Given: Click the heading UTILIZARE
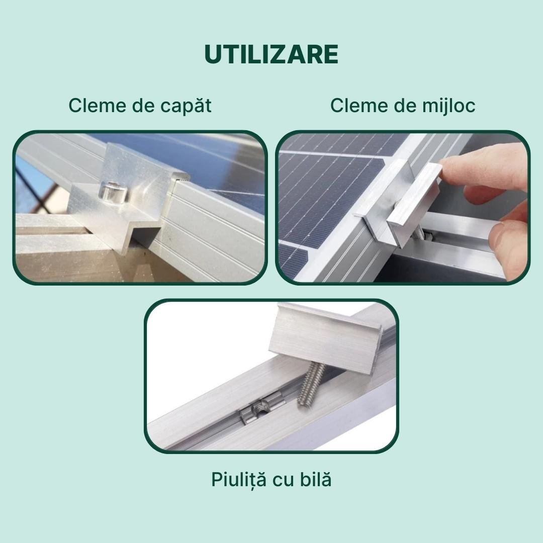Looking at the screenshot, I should click(271, 54).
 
